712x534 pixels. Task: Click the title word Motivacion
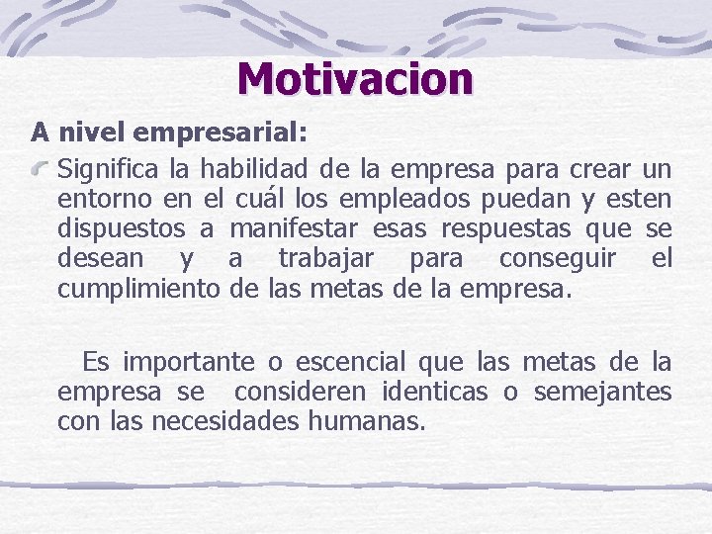click(x=355, y=79)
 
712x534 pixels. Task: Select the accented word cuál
click(x=263, y=198)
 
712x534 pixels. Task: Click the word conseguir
click(x=558, y=260)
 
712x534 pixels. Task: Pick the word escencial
click(x=348, y=362)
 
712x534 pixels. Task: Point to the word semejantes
click(x=602, y=393)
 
